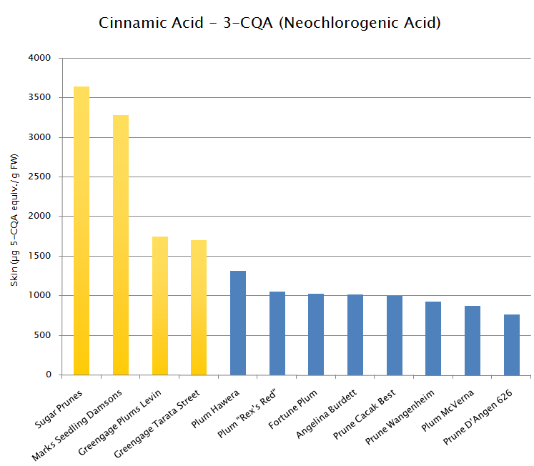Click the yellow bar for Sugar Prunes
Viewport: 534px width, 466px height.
pyautogui.click(x=81, y=231)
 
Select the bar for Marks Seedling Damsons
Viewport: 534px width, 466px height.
pyautogui.click(x=121, y=245)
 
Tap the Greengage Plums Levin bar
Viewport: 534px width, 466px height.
pyautogui.click(x=160, y=306)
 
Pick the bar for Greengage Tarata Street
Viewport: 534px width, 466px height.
pyautogui.click(x=199, y=308)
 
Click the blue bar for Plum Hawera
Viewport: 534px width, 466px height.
pyautogui.click(x=238, y=323)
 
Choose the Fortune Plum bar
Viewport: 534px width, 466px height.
pyautogui.click(x=316, y=334)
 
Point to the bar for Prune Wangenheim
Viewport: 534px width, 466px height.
pyautogui.click(x=433, y=338)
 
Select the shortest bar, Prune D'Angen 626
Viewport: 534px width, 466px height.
pyautogui.click(x=512, y=344)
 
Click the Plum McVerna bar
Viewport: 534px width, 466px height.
pyautogui.click(x=473, y=340)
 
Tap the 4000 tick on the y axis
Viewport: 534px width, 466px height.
pyautogui.click(x=39, y=58)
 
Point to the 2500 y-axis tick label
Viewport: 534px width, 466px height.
pyautogui.click(x=39, y=177)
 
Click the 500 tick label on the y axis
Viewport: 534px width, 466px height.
pyautogui.click(x=42, y=335)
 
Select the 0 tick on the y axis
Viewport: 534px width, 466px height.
pyautogui.click(x=49, y=375)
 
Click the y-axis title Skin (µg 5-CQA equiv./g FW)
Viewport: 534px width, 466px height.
pyautogui.click(x=14, y=220)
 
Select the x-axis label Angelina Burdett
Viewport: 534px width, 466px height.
pyautogui.click(x=326, y=414)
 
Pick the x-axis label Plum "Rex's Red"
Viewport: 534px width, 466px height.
pyautogui.click(x=247, y=413)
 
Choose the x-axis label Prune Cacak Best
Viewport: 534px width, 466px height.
pyautogui.click(x=364, y=415)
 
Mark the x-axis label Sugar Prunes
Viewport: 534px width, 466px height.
pyautogui.click(x=59, y=409)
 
